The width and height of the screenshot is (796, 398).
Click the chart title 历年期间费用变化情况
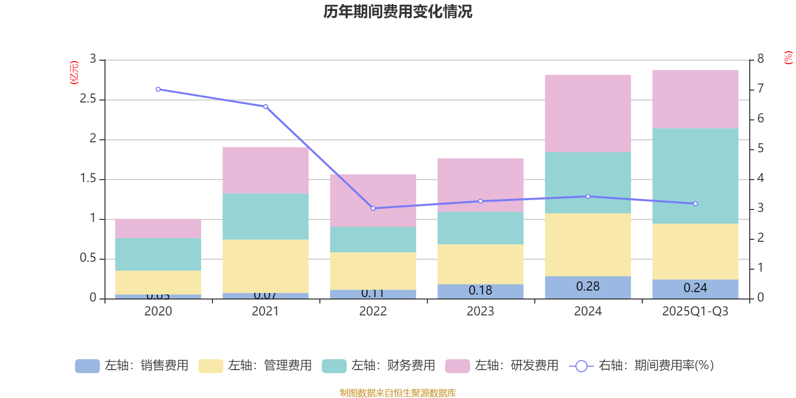[x=398, y=11]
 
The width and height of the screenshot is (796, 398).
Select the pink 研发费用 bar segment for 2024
[x=588, y=113]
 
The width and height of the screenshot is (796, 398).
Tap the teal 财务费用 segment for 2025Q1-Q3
[x=695, y=176]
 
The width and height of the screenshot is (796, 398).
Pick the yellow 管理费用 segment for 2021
[x=265, y=266]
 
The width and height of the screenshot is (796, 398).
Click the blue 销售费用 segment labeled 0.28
[x=588, y=287]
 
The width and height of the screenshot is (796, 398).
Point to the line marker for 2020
[x=158, y=90]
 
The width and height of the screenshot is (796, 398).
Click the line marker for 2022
[x=373, y=208]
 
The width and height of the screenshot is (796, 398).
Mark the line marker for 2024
[x=588, y=197]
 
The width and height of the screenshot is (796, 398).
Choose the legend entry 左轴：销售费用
[x=132, y=366]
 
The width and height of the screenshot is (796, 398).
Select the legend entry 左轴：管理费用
[x=255, y=366]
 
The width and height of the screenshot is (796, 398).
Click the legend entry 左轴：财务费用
[x=379, y=366]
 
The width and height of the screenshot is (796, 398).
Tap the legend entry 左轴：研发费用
[x=502, y=366]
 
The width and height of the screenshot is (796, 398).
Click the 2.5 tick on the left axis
[x=88, y=99]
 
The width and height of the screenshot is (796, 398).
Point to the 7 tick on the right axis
[x=760, y=89]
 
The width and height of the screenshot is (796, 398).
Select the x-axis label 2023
[x=480, y=311]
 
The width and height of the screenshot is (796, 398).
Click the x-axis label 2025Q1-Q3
[x=695, y=311]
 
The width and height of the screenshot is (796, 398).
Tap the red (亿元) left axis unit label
[x=74, y=73]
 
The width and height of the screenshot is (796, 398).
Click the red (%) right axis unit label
[x=788, y=58]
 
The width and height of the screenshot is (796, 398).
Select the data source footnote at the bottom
[x=398, y=393]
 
